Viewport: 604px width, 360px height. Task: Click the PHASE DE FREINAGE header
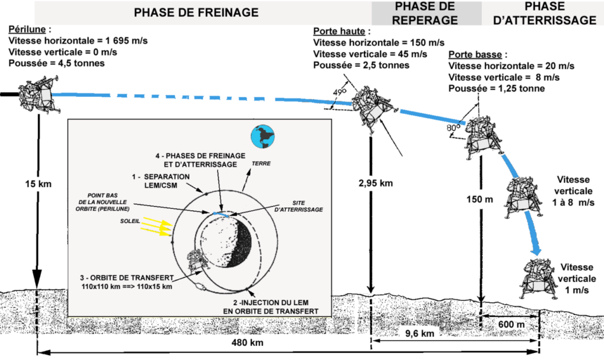click(196, 12)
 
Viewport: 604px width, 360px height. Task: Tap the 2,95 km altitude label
click(375, 183)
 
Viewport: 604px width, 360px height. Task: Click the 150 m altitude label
click(479, 199)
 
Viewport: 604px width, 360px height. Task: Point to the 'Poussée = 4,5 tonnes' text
click(57, 63)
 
